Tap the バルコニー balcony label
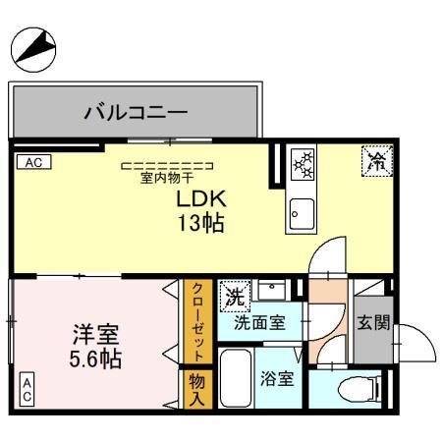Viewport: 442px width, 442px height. coord(135,111)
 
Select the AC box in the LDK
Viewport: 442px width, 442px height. coord(31,161)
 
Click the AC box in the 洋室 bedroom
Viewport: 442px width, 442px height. coord(27,388)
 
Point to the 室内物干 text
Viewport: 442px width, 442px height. coord(166,178)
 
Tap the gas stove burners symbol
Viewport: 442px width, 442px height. coord(304,163)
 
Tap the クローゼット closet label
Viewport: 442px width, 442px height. coord(196,321)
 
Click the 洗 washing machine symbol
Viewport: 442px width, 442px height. coord(235,294)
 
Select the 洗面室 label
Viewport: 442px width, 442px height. coord(259,322)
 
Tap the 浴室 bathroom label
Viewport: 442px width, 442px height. coord(277,378)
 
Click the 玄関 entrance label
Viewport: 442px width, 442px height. coord(374,322)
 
